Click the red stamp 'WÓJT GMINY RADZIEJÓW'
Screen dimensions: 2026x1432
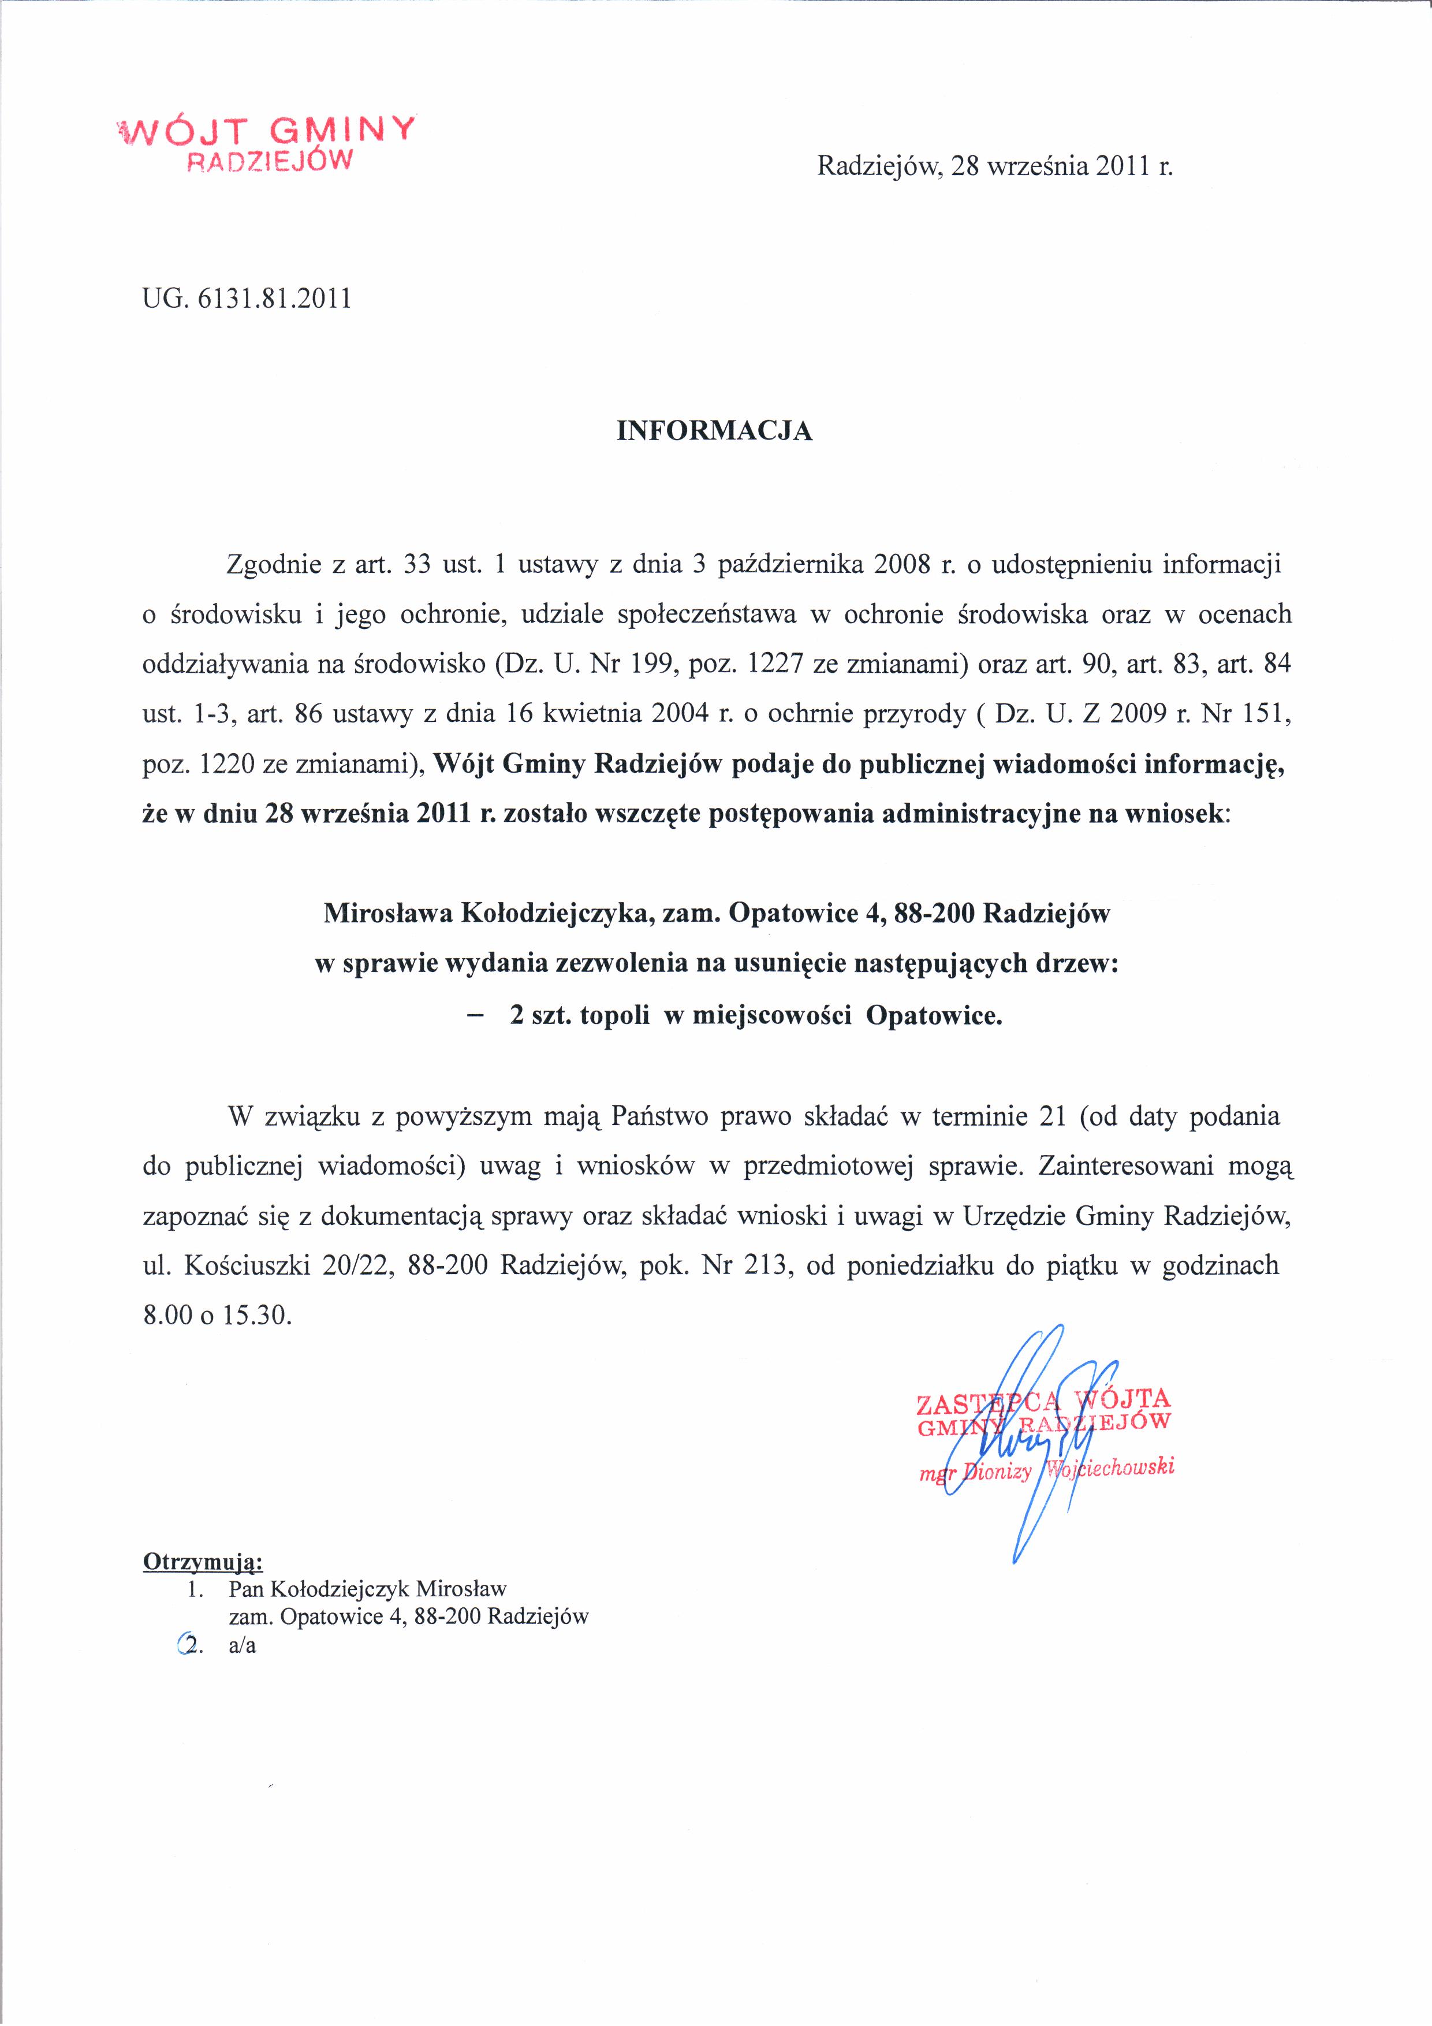(264, 141)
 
